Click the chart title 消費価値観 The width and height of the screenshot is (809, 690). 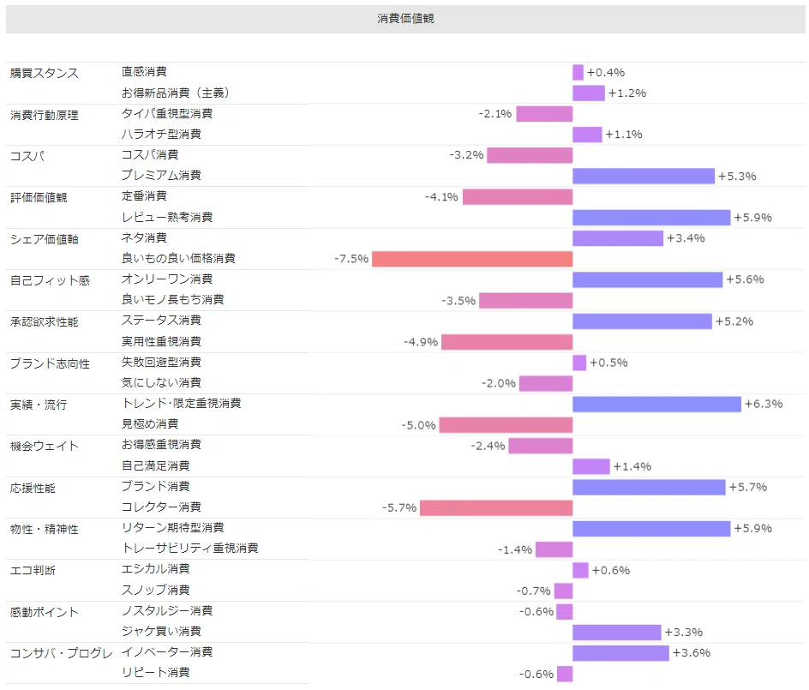405,19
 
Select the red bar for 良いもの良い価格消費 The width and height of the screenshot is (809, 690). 472,259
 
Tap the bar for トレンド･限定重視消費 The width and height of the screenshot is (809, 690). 656,404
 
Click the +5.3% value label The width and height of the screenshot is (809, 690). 737,177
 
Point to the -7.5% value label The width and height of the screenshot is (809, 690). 351,259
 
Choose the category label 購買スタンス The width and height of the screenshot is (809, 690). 45,73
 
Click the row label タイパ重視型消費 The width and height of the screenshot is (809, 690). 166,113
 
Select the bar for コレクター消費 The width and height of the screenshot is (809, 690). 496,507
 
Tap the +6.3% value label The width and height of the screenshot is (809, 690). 764,404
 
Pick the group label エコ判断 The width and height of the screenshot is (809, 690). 33,570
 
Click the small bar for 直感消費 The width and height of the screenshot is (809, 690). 578,72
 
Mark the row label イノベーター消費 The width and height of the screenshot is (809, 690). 166,651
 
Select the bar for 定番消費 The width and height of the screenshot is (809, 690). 518,196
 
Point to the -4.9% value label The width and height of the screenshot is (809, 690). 421,342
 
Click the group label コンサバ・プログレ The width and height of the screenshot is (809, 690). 62,653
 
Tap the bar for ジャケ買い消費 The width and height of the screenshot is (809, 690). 616,633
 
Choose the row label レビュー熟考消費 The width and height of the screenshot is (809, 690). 166,217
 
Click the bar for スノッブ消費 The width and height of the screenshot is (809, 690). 563,591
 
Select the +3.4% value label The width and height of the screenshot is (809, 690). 686,238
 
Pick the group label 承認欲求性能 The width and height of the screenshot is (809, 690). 45,322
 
